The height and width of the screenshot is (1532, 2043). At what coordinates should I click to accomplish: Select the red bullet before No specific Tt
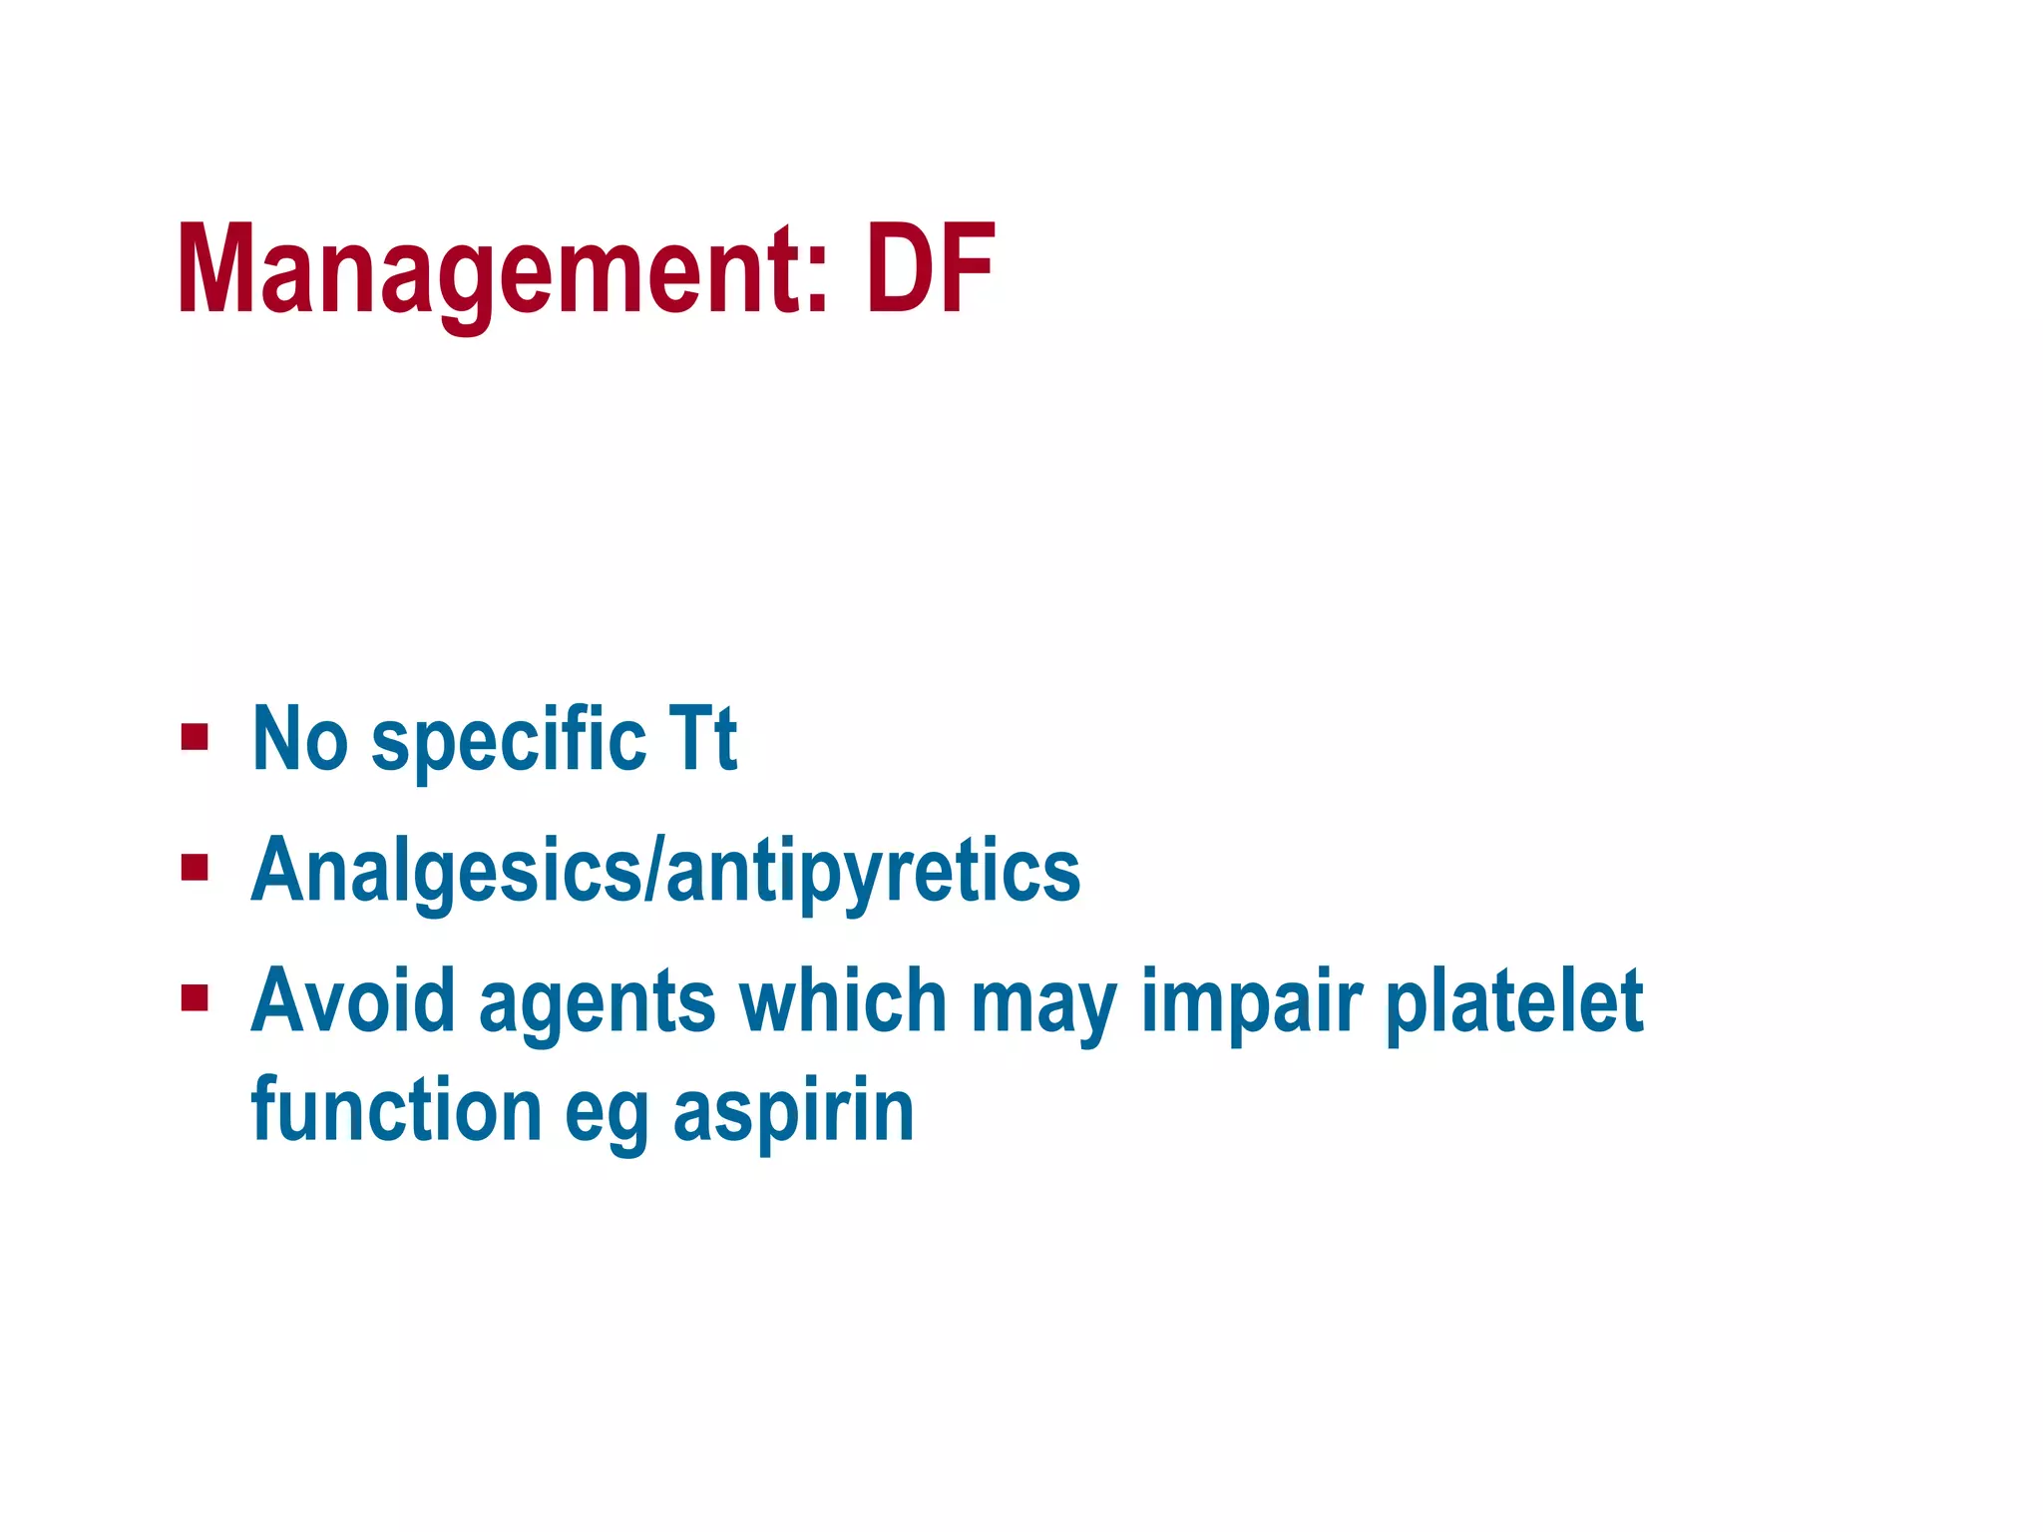point(195,739)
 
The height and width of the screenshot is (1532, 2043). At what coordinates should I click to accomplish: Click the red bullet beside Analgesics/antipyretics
point(195,869)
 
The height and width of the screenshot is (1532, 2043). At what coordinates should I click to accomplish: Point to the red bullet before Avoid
point(195,998)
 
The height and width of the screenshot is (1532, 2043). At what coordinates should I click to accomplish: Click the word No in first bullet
point(300,739)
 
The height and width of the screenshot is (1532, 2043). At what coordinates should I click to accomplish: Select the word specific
point(509,743)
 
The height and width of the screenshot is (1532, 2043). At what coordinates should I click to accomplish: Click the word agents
point(597,1005)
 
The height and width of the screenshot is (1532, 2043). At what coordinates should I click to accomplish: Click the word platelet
point(1514,1002)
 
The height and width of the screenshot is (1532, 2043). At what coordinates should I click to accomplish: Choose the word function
point(396,1110)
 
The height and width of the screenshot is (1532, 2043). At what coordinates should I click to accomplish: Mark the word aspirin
point(793,1112)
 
